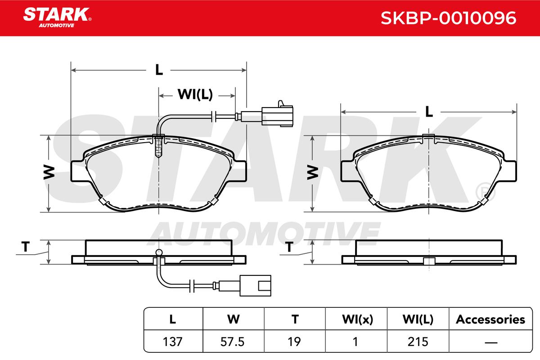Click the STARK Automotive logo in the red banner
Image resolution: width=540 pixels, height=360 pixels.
pos(57,18)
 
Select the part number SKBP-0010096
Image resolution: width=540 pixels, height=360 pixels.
pos(448,18)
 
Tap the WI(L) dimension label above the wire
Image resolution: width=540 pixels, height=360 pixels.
pos(195,94)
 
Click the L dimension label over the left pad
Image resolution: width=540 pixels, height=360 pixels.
pos(159,70)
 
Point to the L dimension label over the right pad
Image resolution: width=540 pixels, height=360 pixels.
pos(429,112)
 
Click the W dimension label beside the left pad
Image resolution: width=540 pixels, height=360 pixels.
pos(49,172)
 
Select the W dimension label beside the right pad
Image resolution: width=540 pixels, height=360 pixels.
pos(313,172)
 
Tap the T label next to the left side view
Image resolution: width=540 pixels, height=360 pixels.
pos(26,247)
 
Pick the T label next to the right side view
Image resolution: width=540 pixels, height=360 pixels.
pos(289,247)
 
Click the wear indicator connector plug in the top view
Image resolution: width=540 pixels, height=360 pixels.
pos(277,115)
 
